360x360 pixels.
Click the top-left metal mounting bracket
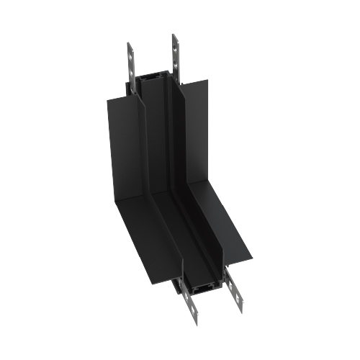[x=131, y=63]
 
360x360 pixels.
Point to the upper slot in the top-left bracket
[x=130, y=51]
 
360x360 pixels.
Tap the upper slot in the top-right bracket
[x=174, y=43]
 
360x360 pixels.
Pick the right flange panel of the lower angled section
[x=230, y=230]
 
